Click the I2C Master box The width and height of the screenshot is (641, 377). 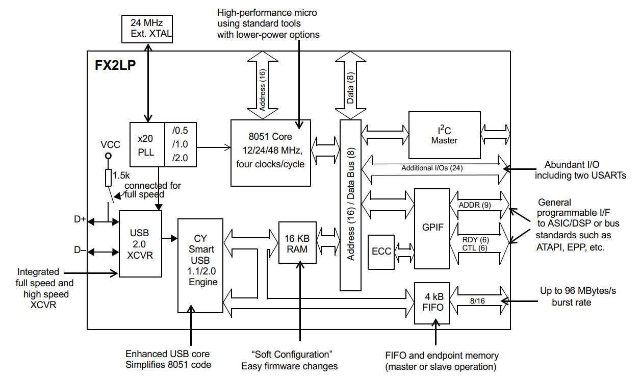point(444,135)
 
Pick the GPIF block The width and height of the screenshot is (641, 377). point(433,227)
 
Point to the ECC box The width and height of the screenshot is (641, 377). point(381,252)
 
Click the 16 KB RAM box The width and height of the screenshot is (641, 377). point(297,243)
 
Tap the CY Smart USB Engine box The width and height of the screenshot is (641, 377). point(200,265)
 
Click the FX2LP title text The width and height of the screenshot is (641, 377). point(115,66)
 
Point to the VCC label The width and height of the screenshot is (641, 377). point(110,145)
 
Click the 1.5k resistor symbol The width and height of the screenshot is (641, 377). point(108,178)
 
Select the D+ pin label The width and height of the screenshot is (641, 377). point(80,220)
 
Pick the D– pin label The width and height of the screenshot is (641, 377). point(80,250)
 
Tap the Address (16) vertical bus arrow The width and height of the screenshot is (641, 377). point(262,84)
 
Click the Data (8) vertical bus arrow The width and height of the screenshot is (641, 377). point(350,84)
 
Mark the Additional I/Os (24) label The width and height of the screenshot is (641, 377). point(432,168)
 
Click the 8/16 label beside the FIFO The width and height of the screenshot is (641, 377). point(478,301)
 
